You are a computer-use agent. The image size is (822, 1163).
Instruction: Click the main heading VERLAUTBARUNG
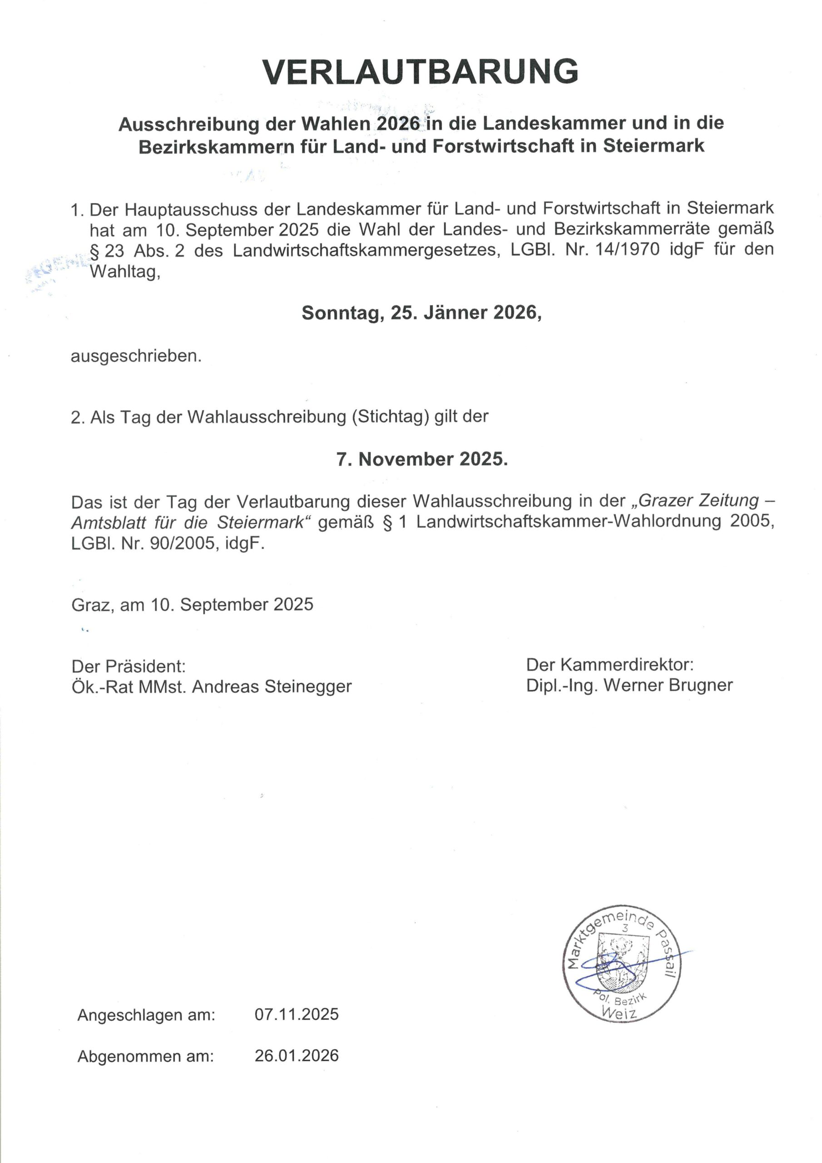[x=421, y=71]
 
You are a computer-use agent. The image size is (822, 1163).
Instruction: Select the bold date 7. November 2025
[x=422, y=459]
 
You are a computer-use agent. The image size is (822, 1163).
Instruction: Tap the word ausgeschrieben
[x=136, y=356]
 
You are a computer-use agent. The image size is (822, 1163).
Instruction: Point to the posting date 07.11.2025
[x=296, y=1014]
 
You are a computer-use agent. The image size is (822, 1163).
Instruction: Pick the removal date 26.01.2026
[x=296, y=1056]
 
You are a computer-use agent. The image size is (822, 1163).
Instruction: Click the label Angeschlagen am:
[x=146, y=1014]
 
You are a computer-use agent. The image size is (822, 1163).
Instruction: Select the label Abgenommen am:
[x=145, y=1057]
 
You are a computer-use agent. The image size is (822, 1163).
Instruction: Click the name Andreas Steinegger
[x=272, y=687]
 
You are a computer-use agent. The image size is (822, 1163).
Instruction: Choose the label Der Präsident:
[x=128, y=666]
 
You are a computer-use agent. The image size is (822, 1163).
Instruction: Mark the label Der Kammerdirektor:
[x=610, y=664]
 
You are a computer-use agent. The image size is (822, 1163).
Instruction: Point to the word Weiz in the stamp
[x=619, y=1012]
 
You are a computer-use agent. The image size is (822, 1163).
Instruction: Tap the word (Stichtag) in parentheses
[x=390, y=417]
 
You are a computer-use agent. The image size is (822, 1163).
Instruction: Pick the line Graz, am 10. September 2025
[x=193, y=604]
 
